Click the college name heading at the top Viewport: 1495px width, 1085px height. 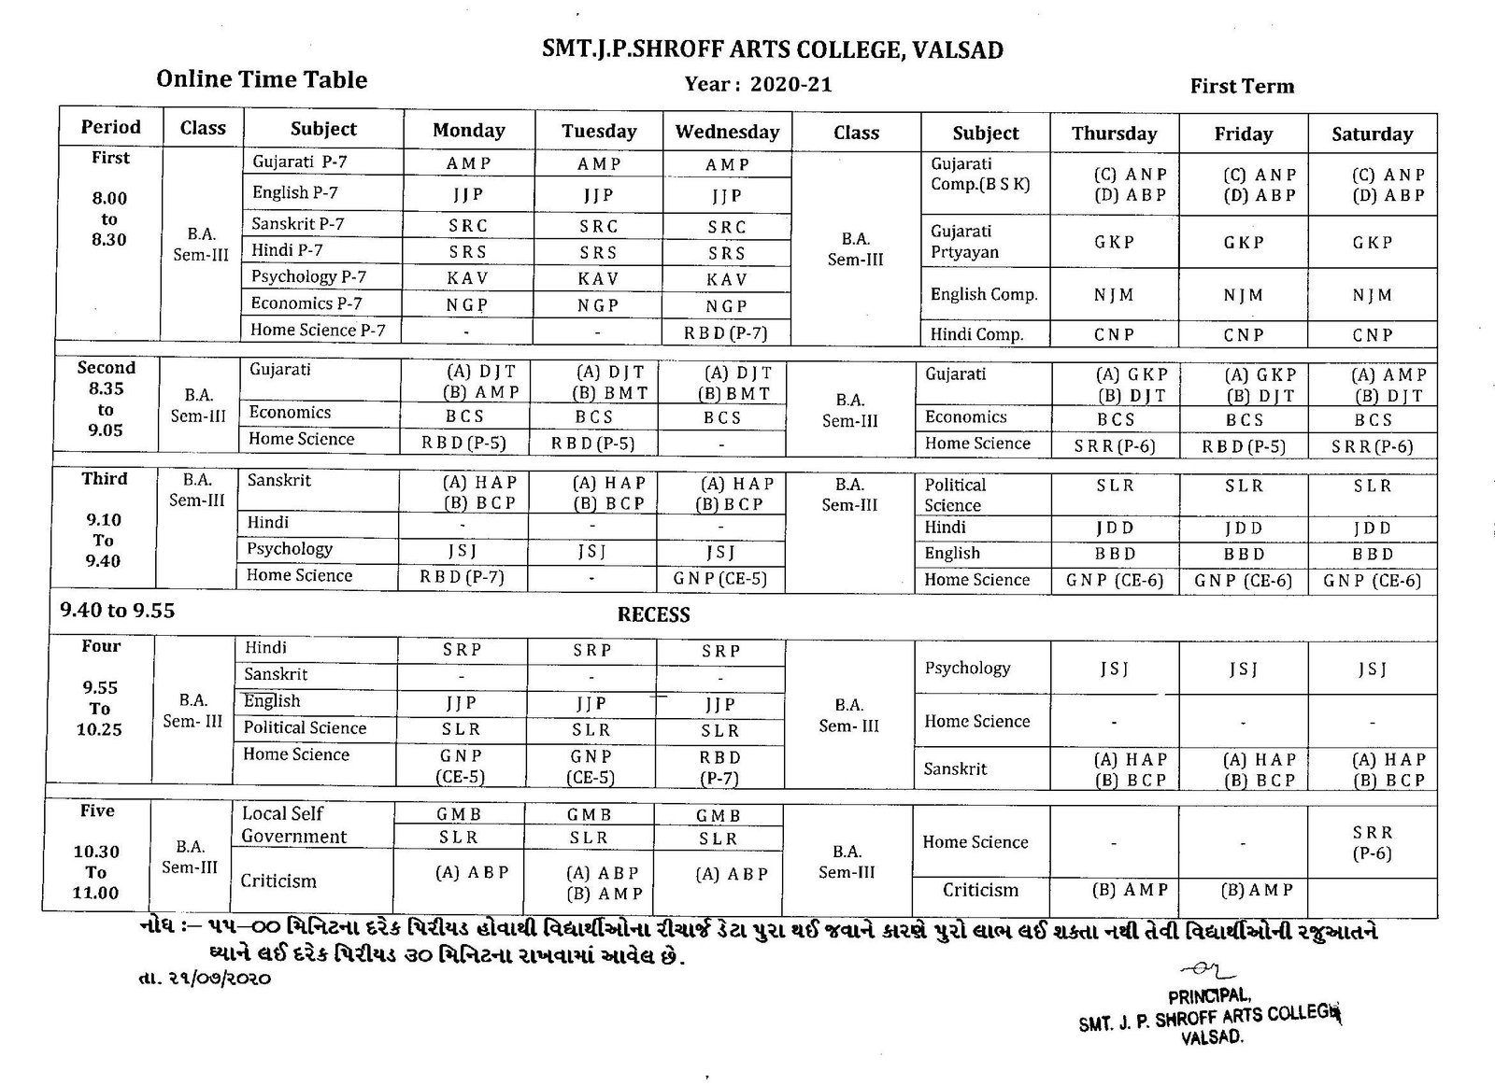(x=773, y=49)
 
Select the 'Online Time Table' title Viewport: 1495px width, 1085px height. (x=262, y=79)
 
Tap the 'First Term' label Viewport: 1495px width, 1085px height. (x=1242, y=87)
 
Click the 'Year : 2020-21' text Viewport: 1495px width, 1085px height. (x=758, y=85)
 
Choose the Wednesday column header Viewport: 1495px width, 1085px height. (x=727, y=132)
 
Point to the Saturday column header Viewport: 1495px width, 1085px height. (x=1372, y=134)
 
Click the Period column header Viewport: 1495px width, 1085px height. (x=110, y=127)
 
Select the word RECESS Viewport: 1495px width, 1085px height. (x=653, y=614)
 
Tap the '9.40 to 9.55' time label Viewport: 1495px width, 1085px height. (x=117, y=611)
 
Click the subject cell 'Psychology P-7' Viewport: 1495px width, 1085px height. (x=308, y=276)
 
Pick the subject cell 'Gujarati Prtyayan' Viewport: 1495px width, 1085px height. (x=964, y=242)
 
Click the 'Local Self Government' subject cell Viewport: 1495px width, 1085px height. (x=293, y=824)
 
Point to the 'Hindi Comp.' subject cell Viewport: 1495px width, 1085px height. (x=976, y=334)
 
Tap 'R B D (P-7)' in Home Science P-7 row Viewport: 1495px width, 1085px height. (x=726, y=331)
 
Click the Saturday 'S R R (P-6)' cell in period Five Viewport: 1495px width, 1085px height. (x=1372, y=842)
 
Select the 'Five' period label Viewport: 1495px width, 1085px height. (x=97, y=810)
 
